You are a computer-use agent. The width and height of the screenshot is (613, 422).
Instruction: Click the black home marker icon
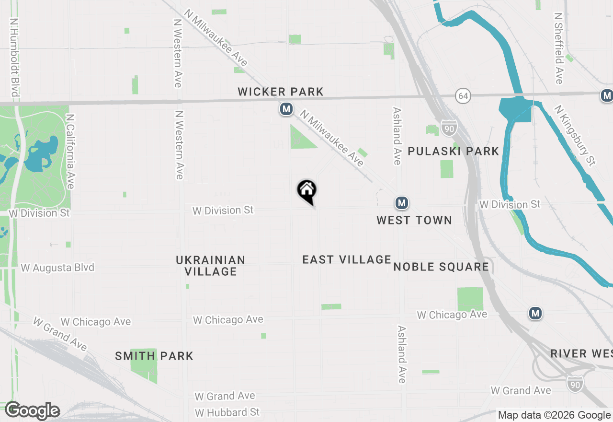point(307,190)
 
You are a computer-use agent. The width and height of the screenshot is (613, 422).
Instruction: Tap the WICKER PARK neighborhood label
point(281,92)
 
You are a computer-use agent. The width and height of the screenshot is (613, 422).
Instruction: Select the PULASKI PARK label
point(453,151)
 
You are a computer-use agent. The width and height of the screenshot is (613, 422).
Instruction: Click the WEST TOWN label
point(414,220)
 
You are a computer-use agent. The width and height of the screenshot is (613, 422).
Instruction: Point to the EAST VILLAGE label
point(347,259)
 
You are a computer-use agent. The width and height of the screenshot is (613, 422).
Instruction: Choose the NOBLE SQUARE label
point(441,267)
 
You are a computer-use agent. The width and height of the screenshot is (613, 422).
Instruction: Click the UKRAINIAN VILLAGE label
point(211,266)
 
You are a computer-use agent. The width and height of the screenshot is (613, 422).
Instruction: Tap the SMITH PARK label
point(154,356)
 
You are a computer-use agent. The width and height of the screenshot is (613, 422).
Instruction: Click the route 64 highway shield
point(463,95)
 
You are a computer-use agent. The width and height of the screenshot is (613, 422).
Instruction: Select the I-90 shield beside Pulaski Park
point(449,128)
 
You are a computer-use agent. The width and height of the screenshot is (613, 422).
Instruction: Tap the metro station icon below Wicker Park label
point(286,109)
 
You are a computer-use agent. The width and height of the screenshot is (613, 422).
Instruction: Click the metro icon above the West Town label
point(402,203)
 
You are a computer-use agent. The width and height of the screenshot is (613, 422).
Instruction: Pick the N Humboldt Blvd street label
point(14,58)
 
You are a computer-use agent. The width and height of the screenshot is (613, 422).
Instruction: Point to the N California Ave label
point(71,151)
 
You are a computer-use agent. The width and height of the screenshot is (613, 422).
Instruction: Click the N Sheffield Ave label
point(558,48)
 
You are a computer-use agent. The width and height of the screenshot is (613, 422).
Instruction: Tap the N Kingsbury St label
point(575,136)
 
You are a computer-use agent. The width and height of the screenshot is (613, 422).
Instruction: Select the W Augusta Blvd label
point(57,268)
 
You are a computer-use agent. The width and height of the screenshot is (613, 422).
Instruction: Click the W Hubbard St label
point(227,412)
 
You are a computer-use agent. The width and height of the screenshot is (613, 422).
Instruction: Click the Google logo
point(32,410)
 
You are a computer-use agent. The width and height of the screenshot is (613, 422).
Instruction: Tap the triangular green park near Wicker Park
point(300,138)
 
